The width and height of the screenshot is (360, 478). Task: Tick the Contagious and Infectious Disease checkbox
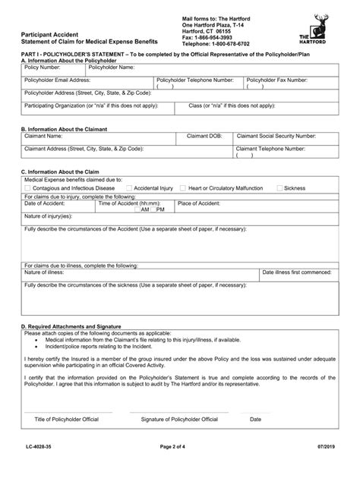point(28,187)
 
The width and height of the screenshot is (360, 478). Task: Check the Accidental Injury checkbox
point(130,187)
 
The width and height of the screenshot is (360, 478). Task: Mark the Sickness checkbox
point(278,187)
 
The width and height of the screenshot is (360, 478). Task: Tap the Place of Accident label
point(199,203)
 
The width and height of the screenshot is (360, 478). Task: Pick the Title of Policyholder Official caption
point(68,419)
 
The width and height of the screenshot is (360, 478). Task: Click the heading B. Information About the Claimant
point(65,130)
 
